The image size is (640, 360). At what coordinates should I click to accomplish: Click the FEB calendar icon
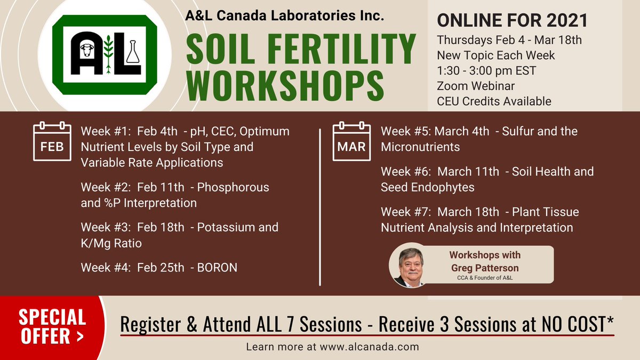coord(52,142)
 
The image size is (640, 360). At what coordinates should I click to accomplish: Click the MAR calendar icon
coord(351,142)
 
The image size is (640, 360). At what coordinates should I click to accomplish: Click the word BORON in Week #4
coord(217,267)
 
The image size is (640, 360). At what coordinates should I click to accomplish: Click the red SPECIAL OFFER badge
coord(52,326)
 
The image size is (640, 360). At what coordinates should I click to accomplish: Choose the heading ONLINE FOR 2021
coord(512,21)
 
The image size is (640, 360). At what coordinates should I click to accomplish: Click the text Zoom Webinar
coord(476,86)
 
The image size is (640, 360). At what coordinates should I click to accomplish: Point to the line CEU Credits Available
coord(494,101)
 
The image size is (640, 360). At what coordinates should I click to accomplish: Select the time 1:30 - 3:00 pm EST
coord(486,70)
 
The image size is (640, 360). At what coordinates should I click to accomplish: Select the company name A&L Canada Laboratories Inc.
coord(284,17)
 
